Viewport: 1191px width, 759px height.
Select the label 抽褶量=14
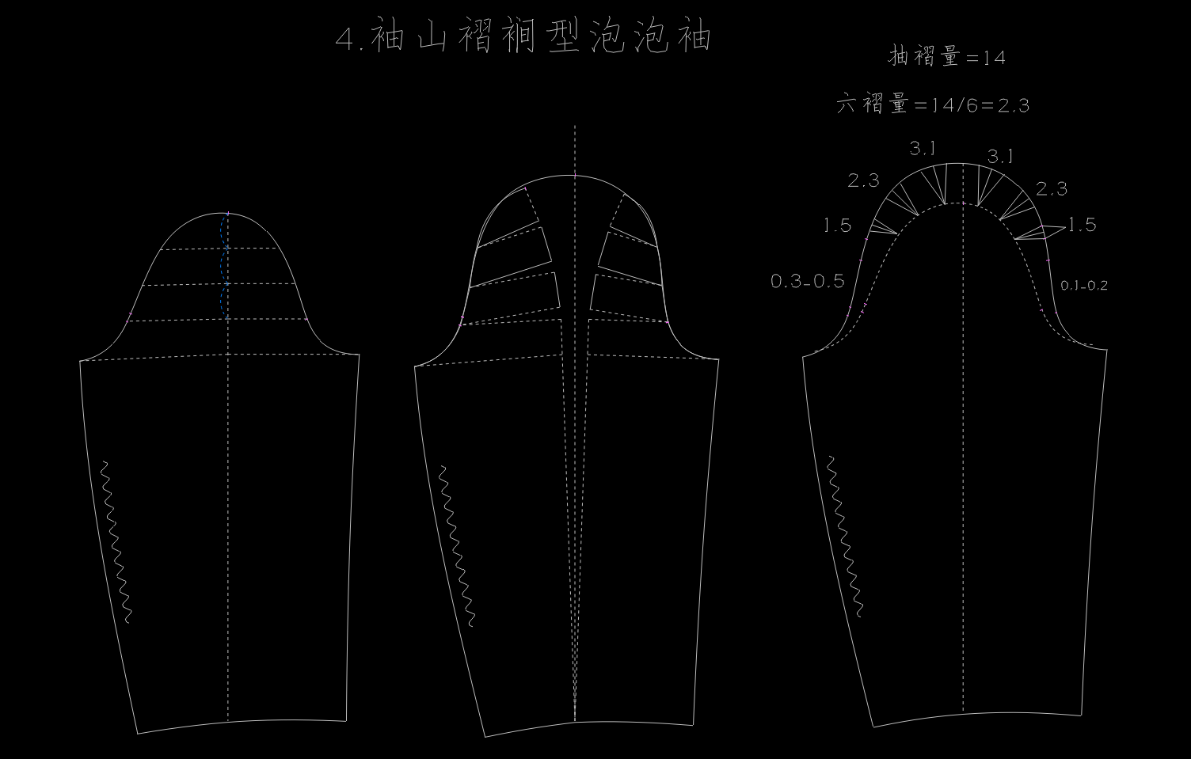pos(946,57)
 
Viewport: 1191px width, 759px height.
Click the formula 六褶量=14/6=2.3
pos(933,104)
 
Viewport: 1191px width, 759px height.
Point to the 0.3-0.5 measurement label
pos(807,281)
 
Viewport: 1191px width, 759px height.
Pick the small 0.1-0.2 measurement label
pos(1084,286)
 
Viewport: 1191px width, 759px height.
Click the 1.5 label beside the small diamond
pos(1082,225)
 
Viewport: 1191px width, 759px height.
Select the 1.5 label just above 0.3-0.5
pos(837,226)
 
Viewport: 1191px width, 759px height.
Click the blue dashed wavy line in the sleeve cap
pos(225,269)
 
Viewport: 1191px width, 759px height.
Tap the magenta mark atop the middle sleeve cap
pos(576,176)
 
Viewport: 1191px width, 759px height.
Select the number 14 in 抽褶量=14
pos(994,58)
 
